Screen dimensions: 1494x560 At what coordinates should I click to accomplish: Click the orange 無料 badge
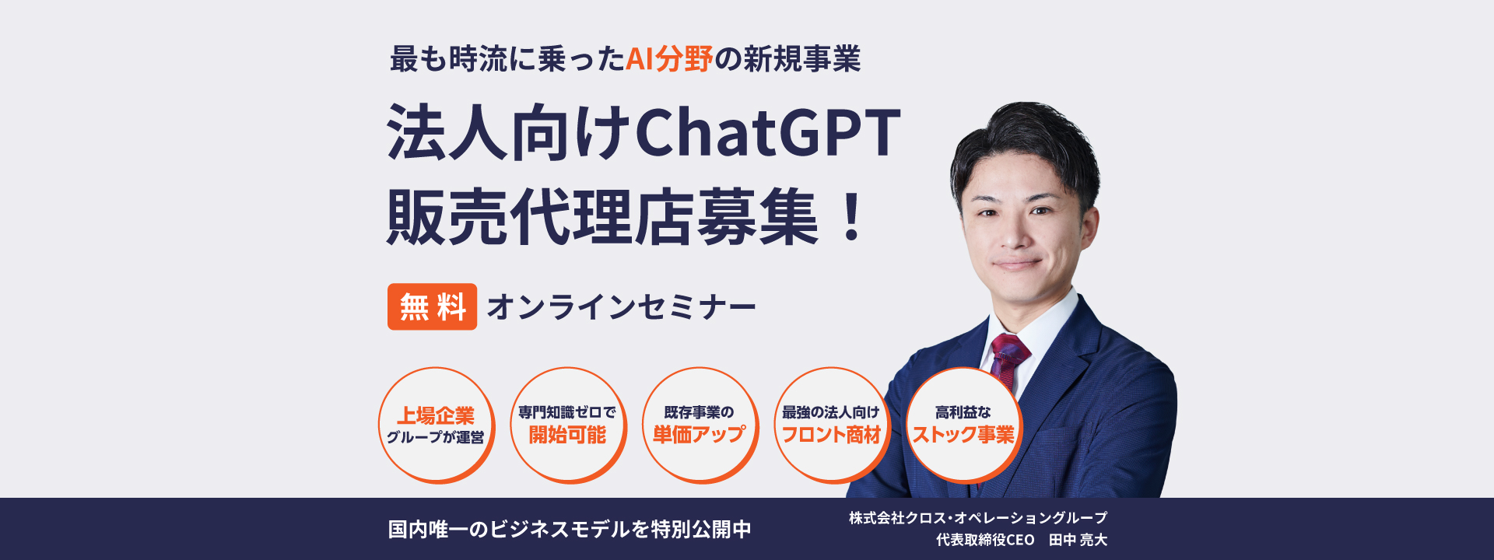pyautogui.click(x=432, y=306)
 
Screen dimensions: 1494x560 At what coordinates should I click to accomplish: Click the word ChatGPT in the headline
pyautogui.click(x=768, y=132)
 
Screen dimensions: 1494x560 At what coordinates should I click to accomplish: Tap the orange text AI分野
pyautogui.click(x=669, y=59)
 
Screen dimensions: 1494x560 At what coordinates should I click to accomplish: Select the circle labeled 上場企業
pyautogui.click(x=437, y=425)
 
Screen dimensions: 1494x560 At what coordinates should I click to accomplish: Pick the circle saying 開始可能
pyautogui.click(x=568, y=425)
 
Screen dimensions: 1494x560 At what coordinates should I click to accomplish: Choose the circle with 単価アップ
pyautogui.click(x=700, y=425)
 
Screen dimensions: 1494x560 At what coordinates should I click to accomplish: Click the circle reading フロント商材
pyautogui.click(x=831, y=425)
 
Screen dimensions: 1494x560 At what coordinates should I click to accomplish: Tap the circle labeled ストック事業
pyautogui.click(x=963, y=425)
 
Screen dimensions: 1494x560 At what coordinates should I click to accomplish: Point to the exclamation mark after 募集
pyautogui.click(x=852, y=217)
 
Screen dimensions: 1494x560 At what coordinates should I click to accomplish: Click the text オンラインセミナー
pyautogui.click(x=621, y=307)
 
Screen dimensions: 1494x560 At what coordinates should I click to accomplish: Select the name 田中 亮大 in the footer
pyautogui.click(x=1078, y=540)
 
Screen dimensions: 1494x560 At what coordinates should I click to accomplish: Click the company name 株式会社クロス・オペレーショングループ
pyautogui.click(x=978, y=518)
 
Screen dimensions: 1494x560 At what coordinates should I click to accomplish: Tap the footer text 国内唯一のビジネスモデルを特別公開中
pyautogui.click(x=570, y=530)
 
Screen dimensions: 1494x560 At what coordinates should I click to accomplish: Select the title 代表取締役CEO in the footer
pyautogui.click(x=985, y=540)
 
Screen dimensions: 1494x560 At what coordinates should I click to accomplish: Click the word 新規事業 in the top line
pyautogui.click(x=802, y=59)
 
